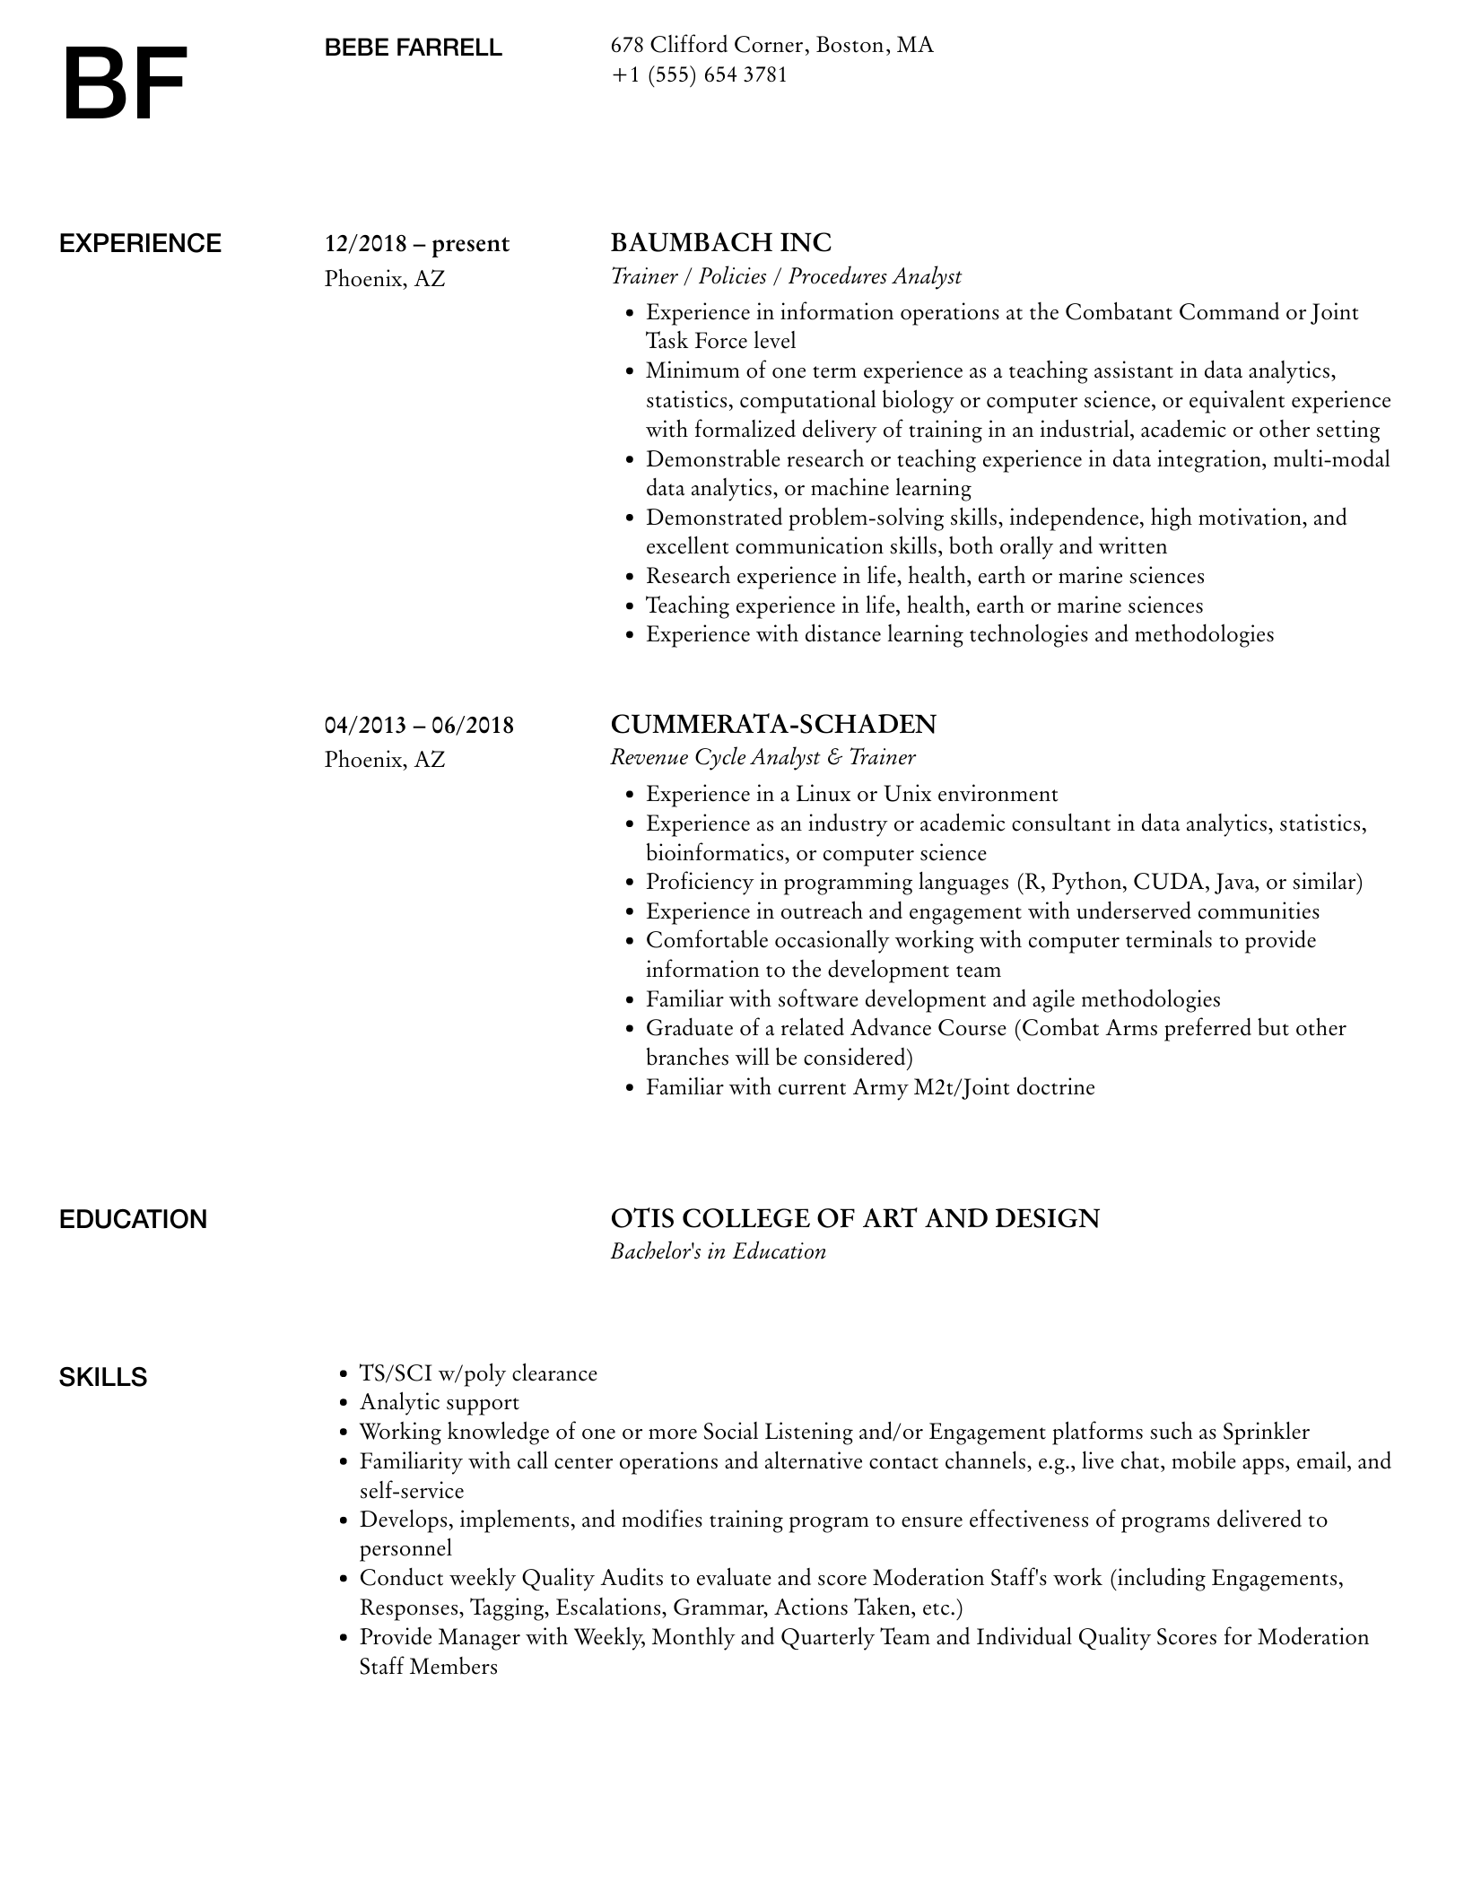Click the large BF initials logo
pos(124,83)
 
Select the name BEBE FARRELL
pos(413,48)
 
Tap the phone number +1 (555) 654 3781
pos(699,74)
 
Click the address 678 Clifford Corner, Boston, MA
pos(771,45)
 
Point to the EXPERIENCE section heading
pos(140,244)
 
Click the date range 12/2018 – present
pos(416,244)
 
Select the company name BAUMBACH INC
pos(720,243)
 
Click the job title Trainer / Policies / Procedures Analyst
pos(786,276)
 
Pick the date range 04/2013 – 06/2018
pos(419,725)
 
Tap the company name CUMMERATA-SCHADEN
pos(773,724)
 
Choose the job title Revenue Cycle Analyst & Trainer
pos(762,757)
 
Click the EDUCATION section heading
pos(133,1219)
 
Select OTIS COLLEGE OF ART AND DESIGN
pos(855,1218)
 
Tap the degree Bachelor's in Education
pos(718,1251)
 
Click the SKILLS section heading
pos(102,1377)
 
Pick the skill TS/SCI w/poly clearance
pos(478,1373)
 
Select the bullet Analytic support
pos(439,1402)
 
